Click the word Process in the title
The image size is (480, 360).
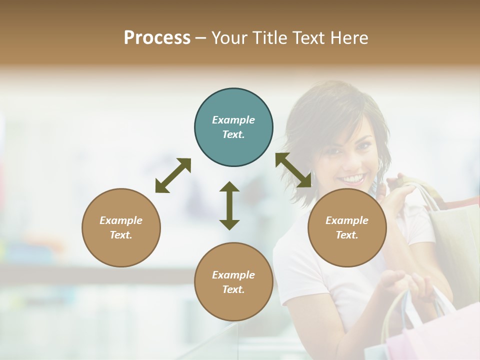(x=157, y=38)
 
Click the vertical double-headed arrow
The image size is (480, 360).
(x=229, y=205)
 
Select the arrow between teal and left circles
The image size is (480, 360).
(x=173, y=175)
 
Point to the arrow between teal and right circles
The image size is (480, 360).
(x=293, y=170)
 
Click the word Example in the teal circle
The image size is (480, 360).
(x=233, y=120)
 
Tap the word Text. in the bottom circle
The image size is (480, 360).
(x=233, y=289)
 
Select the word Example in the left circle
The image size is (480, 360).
(x=121, y=220)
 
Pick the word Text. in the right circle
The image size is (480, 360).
(x=347, y=235)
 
